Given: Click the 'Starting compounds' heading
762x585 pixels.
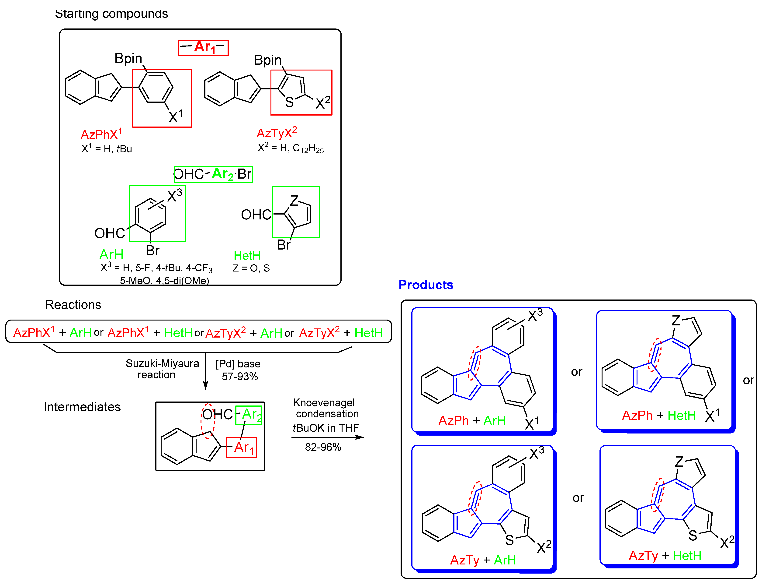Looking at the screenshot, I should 111,14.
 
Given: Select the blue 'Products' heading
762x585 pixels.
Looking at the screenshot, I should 426,285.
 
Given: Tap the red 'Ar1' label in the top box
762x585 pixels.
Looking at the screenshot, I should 203,48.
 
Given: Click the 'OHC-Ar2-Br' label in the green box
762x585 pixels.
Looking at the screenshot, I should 213,174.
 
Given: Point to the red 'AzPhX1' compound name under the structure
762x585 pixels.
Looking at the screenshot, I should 101,134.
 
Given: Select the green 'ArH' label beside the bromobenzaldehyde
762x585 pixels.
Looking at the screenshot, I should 111,254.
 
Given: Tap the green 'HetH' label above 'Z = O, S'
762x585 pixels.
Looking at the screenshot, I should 247,256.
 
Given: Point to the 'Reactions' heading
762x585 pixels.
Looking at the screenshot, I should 73,304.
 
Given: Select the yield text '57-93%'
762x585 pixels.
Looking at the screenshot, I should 240,376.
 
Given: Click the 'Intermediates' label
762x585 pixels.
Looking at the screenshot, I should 82,407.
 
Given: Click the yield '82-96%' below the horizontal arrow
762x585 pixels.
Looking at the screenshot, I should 323,447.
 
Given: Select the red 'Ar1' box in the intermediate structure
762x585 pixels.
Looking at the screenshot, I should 241,448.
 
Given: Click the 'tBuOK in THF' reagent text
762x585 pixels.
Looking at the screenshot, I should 326,428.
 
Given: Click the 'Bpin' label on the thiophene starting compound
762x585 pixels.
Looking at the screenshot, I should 267,60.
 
